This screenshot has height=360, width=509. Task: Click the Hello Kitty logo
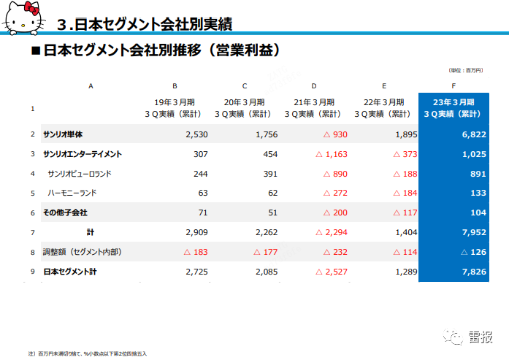coord(23,18)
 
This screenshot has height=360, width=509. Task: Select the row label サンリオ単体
coord(63,134)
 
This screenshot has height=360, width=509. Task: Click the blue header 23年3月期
coord(453,102)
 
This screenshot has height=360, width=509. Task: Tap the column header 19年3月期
coord(175,102)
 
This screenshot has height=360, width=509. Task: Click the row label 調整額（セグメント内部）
coord(81,252)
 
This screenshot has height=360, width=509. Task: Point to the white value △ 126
coord(470,252)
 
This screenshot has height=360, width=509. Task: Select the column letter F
coord(453,85)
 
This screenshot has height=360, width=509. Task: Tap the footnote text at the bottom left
coord(88,353)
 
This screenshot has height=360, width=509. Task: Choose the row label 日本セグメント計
coord(69,272)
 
